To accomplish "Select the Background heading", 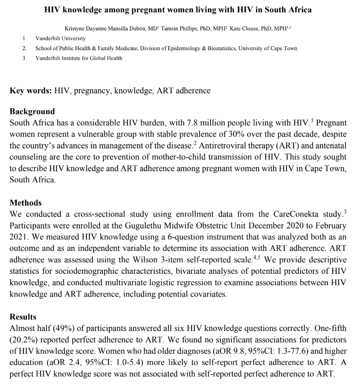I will [x=32, y=111].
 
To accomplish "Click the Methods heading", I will [x=26, y=203].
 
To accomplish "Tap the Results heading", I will [x=23, y=317].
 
